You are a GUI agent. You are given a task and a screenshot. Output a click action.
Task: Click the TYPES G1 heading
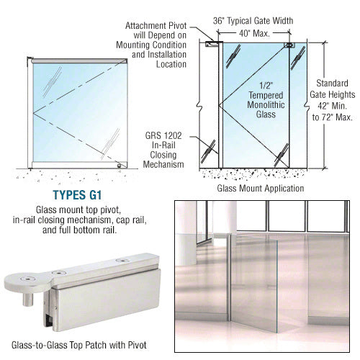[77, 195]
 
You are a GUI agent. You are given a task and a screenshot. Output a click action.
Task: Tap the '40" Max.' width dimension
[254, 33]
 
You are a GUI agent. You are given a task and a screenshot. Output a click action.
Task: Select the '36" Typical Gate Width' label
[253, 21]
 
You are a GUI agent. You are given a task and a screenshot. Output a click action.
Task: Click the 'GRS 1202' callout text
[163, 135]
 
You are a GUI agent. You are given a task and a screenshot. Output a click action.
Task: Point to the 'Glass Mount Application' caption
[261, 188]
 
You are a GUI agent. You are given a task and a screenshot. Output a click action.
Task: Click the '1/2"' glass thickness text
[266, 86]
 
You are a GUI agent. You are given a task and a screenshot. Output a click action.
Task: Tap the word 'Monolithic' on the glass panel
[266, 105]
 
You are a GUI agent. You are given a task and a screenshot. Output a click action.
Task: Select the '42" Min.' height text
[332, 106]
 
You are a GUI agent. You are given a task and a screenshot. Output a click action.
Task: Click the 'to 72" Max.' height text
[332, 117]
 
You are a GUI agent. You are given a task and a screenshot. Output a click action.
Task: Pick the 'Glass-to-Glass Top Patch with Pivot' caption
[79, 345]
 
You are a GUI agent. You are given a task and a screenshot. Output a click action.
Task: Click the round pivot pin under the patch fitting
[28, 298]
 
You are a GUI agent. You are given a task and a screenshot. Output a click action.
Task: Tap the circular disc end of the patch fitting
[27, 282]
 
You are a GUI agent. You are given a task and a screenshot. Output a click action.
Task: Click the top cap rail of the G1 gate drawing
[79, 61]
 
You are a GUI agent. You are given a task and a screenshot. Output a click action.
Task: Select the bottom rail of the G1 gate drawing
[80, 165]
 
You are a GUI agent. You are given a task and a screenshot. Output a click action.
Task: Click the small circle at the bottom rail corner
[119, 166]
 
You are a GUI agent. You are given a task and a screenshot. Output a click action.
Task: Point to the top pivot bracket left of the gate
[212, 44]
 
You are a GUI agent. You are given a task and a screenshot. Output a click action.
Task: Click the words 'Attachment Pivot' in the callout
[156, 26]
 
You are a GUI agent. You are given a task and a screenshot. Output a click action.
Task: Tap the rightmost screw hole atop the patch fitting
[122, 261]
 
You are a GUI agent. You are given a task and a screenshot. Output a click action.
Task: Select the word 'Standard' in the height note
[332, 84]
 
